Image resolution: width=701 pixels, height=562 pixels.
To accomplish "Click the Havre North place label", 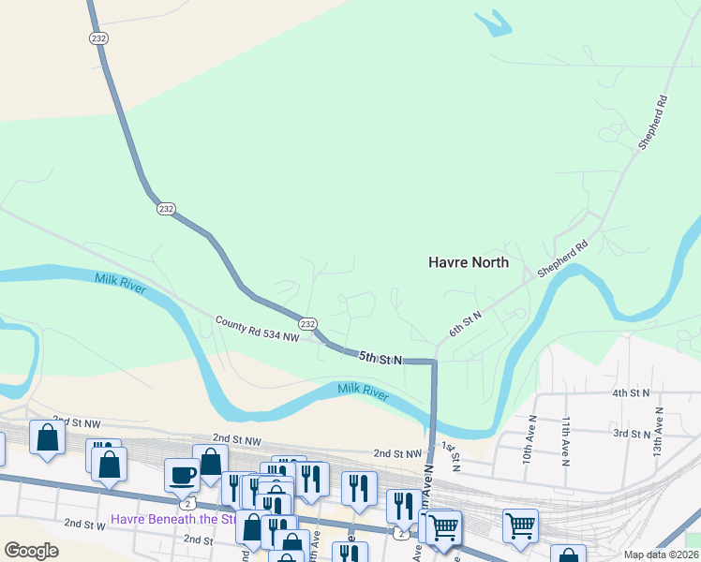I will tap(468, 262).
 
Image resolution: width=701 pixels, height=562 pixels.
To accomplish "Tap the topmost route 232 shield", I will tap(99, 38).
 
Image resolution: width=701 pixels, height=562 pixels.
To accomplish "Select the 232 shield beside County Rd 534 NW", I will tap(307, 323).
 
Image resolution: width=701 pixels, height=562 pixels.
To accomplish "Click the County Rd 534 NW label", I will tap(256, 329).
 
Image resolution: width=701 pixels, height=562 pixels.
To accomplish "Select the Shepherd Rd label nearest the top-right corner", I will tap(652, 123).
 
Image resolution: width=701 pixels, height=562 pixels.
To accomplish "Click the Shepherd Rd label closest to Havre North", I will tap(562, 259).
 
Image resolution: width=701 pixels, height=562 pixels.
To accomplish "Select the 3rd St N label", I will tap(632, 435).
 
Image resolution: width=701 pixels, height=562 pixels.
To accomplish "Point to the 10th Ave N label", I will tap(529, 440).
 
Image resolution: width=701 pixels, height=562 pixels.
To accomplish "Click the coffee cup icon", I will tap(182, 476).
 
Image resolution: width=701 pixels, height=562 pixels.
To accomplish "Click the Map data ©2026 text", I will tap(661, 555).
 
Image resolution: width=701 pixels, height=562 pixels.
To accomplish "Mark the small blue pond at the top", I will tap(494, 23).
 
